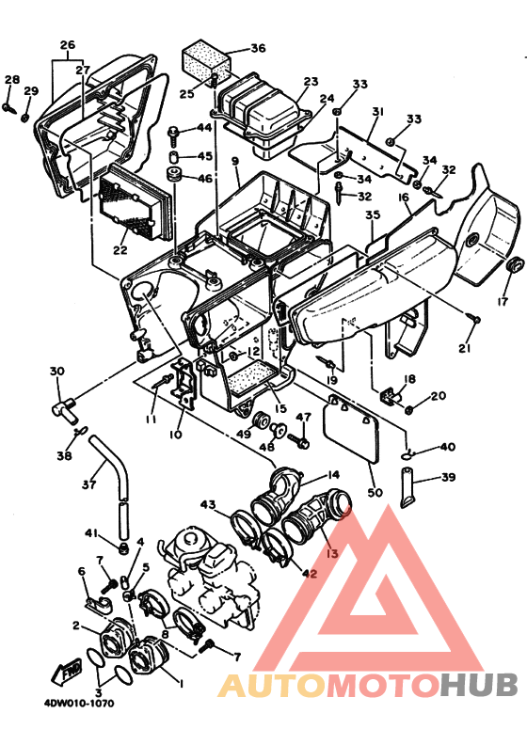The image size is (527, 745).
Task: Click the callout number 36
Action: pos(258,48)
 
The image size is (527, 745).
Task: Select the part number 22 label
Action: pos(120,250)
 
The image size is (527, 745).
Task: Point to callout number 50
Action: pos(375,493)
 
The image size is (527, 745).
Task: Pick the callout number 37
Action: pos(88,485)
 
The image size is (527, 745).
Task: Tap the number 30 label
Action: pos(57,371)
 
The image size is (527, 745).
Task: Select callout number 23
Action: pos(311,82)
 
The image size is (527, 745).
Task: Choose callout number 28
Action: pos(11,80)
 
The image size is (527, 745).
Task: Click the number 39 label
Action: pos(448,478)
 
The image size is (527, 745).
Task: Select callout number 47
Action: pos(304,417)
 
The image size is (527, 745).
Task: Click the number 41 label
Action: pos(91,533)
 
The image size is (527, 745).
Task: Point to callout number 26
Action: pos(67,45)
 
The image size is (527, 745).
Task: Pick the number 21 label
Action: pos(463,350)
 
